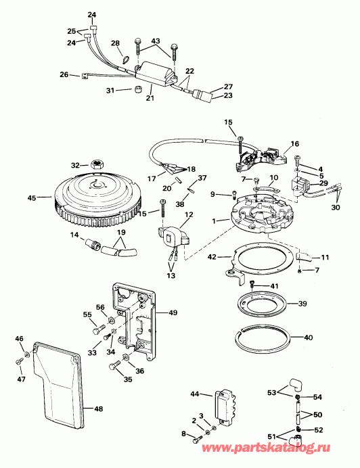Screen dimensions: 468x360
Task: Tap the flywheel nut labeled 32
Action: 96,164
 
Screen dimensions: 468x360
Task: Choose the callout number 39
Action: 302,304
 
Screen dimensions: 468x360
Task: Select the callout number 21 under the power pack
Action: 151,99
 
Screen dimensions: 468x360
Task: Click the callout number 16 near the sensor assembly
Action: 294,143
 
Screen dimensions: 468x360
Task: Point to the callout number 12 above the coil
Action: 189,214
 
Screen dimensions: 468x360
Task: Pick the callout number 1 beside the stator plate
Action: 215,220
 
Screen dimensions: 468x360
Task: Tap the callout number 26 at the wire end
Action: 64,74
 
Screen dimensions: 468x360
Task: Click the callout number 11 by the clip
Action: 325,258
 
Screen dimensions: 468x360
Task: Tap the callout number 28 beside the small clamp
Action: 115,43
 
